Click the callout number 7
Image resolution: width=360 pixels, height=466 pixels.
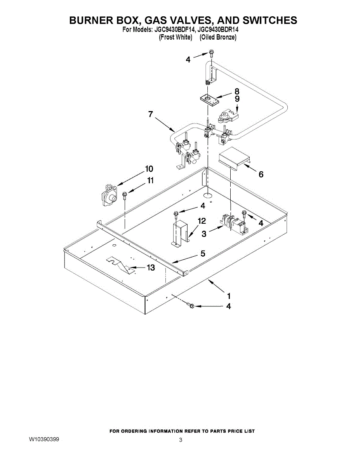pos(150,114)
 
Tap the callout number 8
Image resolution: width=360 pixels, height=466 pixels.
pos(237,92)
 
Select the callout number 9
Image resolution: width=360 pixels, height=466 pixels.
pos(237,99)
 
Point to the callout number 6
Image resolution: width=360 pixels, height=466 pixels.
pos(261,175)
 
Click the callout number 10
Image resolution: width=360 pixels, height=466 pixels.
pos(149,169)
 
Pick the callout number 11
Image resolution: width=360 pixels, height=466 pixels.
pos(150,181)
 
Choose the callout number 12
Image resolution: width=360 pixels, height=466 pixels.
pos(202,221)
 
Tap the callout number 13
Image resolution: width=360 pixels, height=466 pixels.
pos(150,268)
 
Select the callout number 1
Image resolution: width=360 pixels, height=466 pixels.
pos(229,295)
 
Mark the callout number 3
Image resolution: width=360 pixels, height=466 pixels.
pos(204,234)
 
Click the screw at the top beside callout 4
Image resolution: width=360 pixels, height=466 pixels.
pos(212,53)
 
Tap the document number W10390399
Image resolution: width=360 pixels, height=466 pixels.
pos(44,439)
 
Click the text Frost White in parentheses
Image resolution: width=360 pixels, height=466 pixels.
pos(176,37)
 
